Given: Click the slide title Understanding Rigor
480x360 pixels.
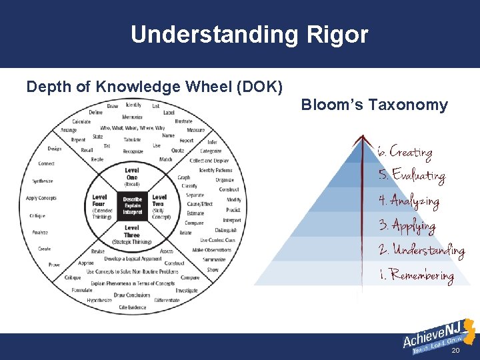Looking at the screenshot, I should pos(249,34).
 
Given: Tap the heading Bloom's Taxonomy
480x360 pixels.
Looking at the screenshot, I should pos(374,105).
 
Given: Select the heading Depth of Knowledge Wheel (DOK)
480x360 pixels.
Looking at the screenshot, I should pos(155,87).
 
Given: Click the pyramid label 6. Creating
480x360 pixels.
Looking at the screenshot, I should pos(405,151).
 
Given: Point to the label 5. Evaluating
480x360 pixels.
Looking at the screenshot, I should pos(411,175).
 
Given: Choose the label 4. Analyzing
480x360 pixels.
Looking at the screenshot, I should pos(409,200).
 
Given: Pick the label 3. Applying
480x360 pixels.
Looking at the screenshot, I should pos(407,225).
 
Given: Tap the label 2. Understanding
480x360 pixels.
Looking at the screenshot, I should pos(421,250).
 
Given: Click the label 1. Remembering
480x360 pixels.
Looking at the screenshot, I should pos(416,274).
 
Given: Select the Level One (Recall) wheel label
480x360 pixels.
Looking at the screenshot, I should pos(132,177).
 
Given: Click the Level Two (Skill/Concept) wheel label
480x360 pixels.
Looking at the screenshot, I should pos(160,205).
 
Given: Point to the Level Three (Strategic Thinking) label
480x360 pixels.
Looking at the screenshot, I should pos(132,235).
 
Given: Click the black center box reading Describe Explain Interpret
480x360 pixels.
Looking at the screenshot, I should pos(132,205).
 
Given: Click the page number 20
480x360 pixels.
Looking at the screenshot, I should pos(456,350).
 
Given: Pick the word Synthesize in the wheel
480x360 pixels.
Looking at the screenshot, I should pos(43,181).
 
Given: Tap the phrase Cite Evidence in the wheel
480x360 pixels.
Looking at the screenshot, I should pos(133,307).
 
